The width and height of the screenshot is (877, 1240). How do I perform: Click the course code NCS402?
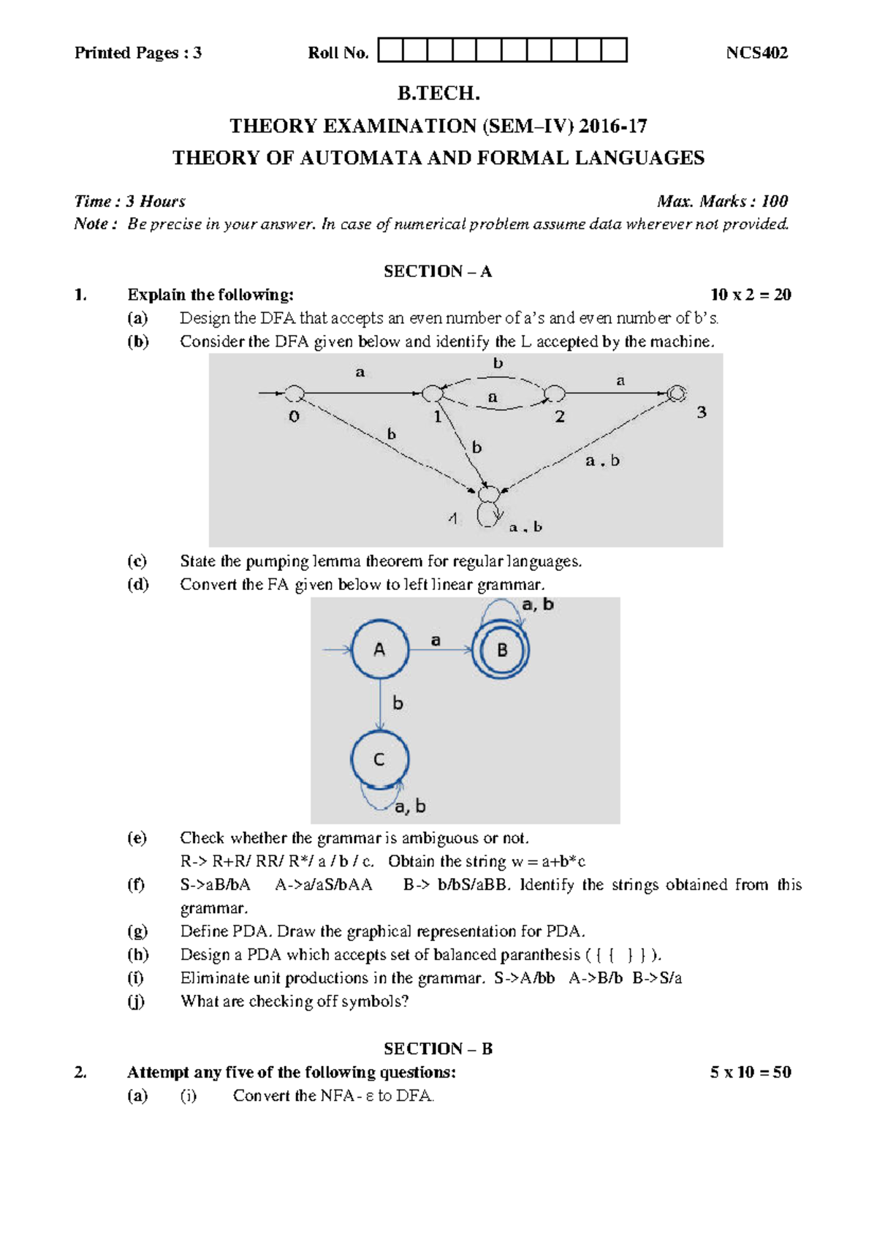tap(756, 53)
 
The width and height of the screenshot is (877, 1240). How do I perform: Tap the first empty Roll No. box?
tap(390, 50)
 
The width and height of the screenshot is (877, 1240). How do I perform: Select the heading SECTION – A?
tap(438, 271)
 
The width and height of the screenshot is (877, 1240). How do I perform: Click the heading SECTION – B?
tap(438, 1048)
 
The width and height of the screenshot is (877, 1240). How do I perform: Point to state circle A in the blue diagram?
tap(380, 649)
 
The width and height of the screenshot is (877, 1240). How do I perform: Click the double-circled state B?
tap(501, 650)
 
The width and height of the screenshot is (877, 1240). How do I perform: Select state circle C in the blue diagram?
tap(379, 760)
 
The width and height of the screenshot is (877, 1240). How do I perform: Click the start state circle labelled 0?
tap(294, 394)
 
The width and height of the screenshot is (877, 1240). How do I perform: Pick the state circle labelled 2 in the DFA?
tap(555, 393)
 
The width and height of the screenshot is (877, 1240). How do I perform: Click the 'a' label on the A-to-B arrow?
tap(436, 640)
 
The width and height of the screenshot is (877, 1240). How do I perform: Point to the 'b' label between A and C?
tap(398, 703)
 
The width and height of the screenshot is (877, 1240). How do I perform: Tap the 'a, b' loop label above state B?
tap(538, 605)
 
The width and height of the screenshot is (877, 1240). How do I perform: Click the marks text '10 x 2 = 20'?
tap(751, 295)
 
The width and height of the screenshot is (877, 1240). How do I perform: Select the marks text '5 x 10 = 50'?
tap(751, 1072)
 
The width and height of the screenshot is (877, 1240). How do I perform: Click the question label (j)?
tap(136, 1001)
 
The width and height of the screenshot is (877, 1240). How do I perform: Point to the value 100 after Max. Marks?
tap(774, 201)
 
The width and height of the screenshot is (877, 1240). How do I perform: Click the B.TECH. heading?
tap(438, 94)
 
